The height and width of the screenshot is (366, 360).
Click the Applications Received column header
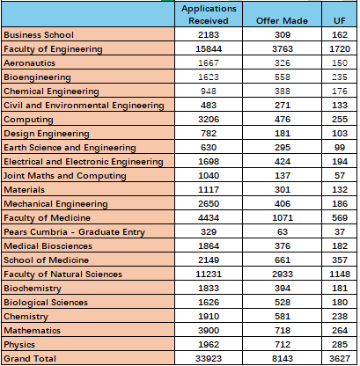click(x=209, y=15)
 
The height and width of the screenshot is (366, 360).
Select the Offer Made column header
click(x=282, y=21)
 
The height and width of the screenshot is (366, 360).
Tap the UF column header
click(x=340, y=21)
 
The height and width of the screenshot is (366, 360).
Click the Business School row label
click(x=39, y=35)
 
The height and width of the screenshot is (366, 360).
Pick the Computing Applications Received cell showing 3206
click(x=209, y=120)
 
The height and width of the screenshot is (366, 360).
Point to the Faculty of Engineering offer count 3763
click(x=283, y=48)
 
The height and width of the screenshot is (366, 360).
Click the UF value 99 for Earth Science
click(x=340, y=148)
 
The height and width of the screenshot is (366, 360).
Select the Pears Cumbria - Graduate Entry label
click(x=75, y=232)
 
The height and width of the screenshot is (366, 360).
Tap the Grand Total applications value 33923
click(x=209, y=358)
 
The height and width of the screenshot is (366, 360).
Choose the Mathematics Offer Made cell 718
click(x=283, y=331)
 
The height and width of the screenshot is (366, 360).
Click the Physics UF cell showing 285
click(x=340, y=345)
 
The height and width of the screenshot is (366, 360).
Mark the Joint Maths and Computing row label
click(x=65, y=176)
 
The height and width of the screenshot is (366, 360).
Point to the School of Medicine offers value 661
click(x=283, y=260)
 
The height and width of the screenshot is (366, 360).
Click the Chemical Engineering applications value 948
click(x=209, y=91)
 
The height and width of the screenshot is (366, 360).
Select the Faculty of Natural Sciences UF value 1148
click(x=340, y=274)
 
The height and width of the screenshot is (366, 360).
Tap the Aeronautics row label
click(x=30, y=63)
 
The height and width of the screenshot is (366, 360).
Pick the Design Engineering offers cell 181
click(x=283, y=134)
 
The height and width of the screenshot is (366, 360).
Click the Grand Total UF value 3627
click(x=340, y=358)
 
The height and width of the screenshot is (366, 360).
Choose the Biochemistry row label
click(x=33, y=289)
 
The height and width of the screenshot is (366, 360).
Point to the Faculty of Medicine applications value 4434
click(x=209, y=218)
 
